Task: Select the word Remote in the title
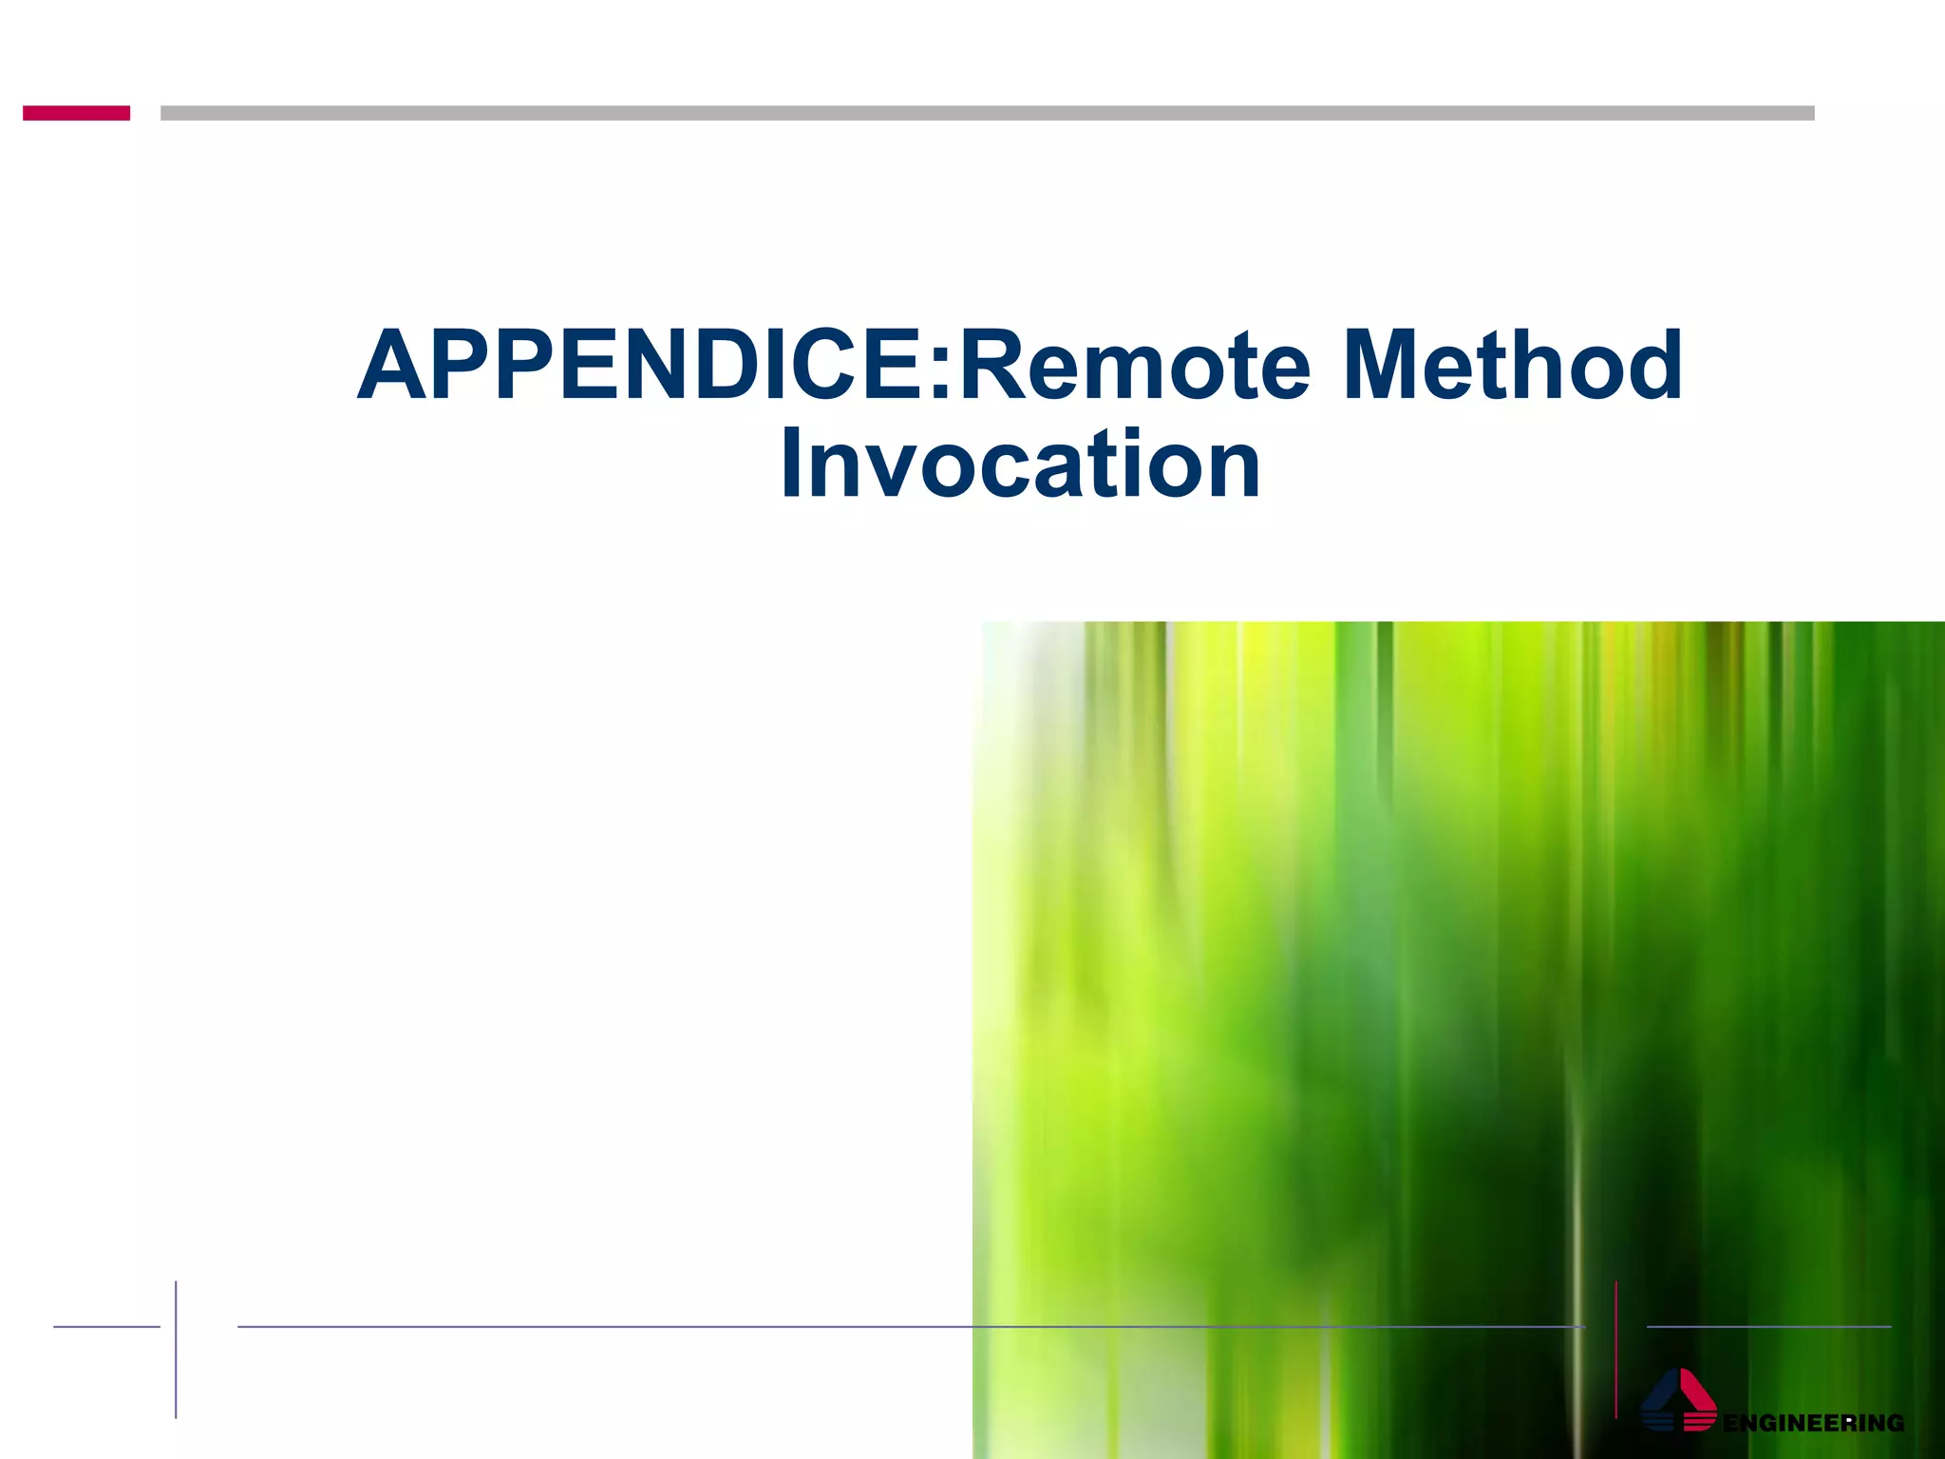pyautogui.click(x=1135, y=366)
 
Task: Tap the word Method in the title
pyautogui.click(x=1513, y=366)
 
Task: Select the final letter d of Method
pyautogui.click(x=1650, y=366)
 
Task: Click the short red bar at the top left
pyautogui.click(x=76, y=113)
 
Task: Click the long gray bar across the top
pyautogui.click(x=988, y=113)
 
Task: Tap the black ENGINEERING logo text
pyautogui.click(x=1813, y=1423)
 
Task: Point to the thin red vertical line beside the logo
pyautogui.click(x=1615, y=1349)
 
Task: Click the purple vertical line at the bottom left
pyautogui.click(x=176, y=1349)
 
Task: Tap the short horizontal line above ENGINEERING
pyautogui.click(x=1768, y=1326)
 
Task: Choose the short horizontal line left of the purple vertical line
pyautogui.click(x=106, y=1326)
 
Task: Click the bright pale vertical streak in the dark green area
pyautogui.click(x=1577, y=1235)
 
